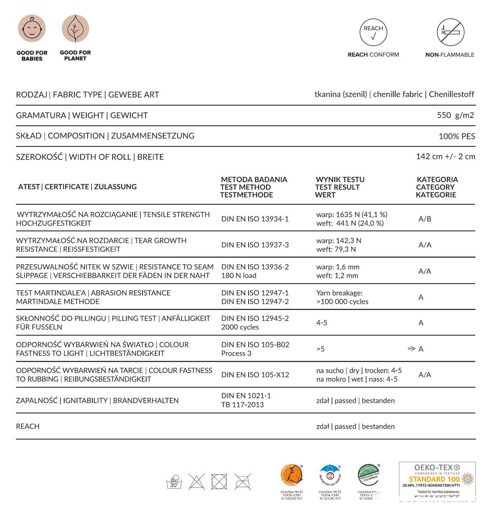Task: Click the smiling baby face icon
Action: (32, 29)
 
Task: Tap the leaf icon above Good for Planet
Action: (75, 29)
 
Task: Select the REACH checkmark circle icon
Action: (373, 32)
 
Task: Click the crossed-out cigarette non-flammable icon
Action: (450, 32)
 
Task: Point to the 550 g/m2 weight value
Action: (455, 115)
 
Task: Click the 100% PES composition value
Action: (457, 136)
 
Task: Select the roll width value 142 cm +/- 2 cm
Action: (445, 156)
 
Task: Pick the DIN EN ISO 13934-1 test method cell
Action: (255, 219)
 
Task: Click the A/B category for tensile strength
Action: (425, 219)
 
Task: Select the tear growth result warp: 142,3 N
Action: (339, 240)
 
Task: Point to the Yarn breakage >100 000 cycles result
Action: (342, 297)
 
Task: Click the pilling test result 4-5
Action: (322, 323)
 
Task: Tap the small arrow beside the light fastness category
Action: (411, 349)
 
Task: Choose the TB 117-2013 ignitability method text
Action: (242, 404)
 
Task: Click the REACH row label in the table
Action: (28, 426)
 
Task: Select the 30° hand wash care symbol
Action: (174, 481)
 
